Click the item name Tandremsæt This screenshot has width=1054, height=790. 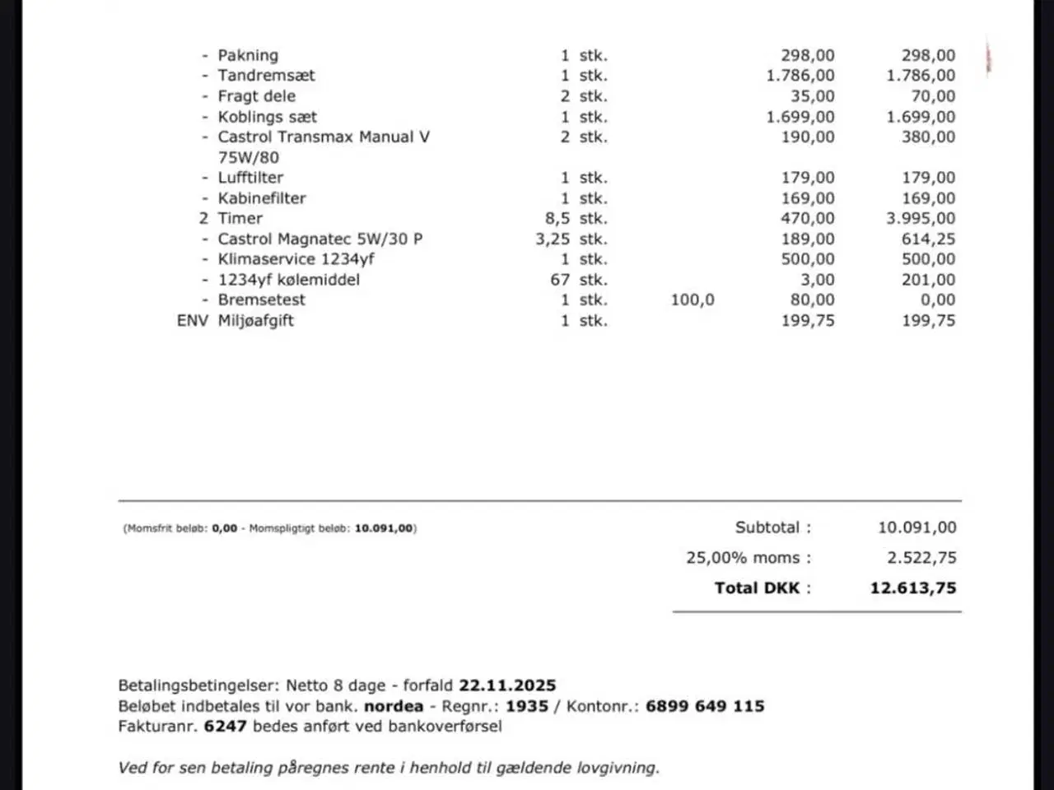click(x=266, y=76)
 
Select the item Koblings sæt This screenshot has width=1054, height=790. click(x=267, y=117)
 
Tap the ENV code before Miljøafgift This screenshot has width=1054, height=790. click(x=193, y=321)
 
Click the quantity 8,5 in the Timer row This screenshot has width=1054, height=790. click(x=552, y=219)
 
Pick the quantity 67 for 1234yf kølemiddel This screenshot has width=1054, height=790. click(x=560, y=280)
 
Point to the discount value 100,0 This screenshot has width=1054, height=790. click(x=693, y=300)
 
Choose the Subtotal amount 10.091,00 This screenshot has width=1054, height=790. click(x=916, y=528)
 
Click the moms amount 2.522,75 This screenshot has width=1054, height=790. click(x=921, y=558)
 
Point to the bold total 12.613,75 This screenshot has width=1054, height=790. click(x=913, y=588)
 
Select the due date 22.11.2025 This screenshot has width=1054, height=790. click(x=507, y=685)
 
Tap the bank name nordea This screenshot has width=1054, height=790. click(x=394, y=706)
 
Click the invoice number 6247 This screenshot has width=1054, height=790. click(x=225, y=727)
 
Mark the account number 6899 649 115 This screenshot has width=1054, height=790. click(x=705, y=706)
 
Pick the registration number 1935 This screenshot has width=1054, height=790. click(x=527, y=706)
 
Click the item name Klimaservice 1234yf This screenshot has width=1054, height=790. click(x=296, y=259)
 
